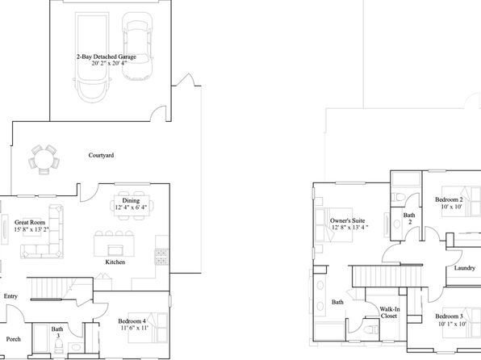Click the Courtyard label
point(101,155)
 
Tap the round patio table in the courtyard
point(44,160)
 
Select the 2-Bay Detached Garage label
point(107,57)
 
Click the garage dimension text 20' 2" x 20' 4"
point(109,64)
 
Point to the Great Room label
point(30,222)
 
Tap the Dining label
point(131,201)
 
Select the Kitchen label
point(115,262)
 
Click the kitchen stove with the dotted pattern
point(161,257)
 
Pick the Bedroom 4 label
point(132,321)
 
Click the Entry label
point(10,296)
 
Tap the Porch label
point(14,339)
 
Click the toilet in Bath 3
point(59,346)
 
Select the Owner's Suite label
point(347,220)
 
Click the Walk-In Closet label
point(390,312)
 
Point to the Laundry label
point(464,268)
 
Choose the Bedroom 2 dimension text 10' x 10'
point(451,207)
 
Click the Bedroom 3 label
point(449,316)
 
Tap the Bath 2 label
point(409,218)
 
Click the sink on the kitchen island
point(116,250)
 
